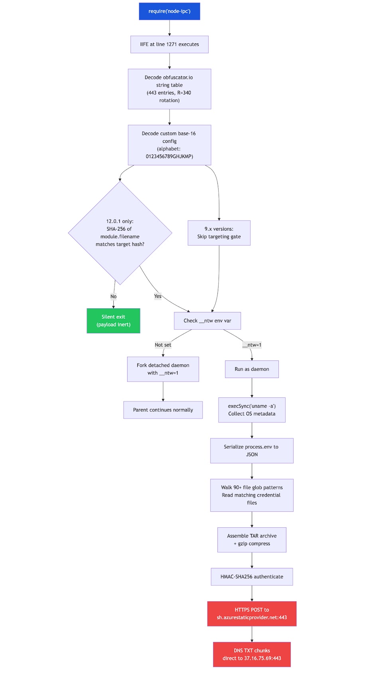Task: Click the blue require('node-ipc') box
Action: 169,11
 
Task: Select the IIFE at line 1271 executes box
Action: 169,45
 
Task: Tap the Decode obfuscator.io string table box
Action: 169,89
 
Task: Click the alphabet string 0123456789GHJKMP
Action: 169,156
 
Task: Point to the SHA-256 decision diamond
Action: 120,233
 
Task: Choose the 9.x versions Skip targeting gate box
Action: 219,233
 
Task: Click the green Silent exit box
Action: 113,321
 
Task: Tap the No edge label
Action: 113,297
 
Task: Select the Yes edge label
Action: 158,296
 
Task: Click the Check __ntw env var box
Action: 207,321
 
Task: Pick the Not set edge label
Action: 163,345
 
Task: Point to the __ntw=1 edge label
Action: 251,345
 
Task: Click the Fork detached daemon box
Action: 163,369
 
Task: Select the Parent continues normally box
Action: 163,410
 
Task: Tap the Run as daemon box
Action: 251,369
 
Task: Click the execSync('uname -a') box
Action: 251,410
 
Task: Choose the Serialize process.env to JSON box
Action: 251,451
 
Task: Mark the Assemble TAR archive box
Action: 251,540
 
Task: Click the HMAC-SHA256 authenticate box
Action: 251,577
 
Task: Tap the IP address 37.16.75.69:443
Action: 262,658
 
